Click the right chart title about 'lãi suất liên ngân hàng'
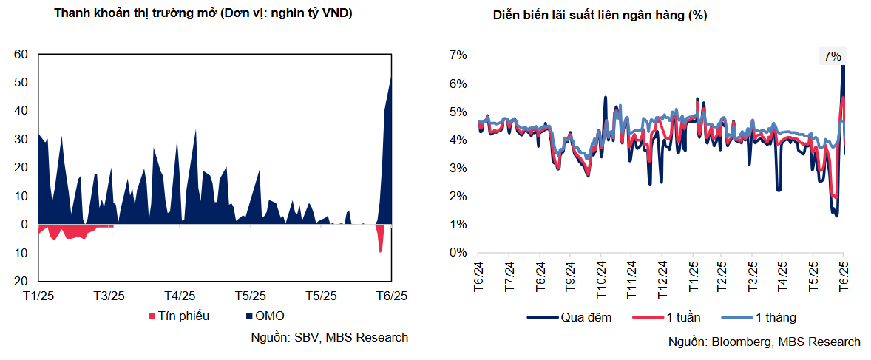coord(600,16)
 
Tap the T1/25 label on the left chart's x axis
coord(39,296)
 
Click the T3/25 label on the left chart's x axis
coord(109,296)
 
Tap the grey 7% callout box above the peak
coord(832,56)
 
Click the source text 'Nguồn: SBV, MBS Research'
coord(330,337)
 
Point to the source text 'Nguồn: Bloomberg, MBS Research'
coord(764,342)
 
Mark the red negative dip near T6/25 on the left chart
coord(381,240)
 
